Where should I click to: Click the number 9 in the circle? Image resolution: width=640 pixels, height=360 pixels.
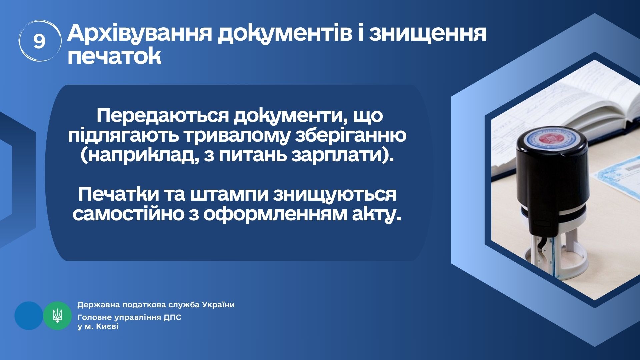39,42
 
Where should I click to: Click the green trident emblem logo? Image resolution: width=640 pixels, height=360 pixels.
57,315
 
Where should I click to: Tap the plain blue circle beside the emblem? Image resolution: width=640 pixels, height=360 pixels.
29,315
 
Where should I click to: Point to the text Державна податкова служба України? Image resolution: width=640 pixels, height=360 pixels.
156,305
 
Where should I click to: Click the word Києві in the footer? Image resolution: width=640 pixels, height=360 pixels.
107,327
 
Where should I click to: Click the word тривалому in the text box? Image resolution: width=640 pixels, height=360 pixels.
232,136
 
